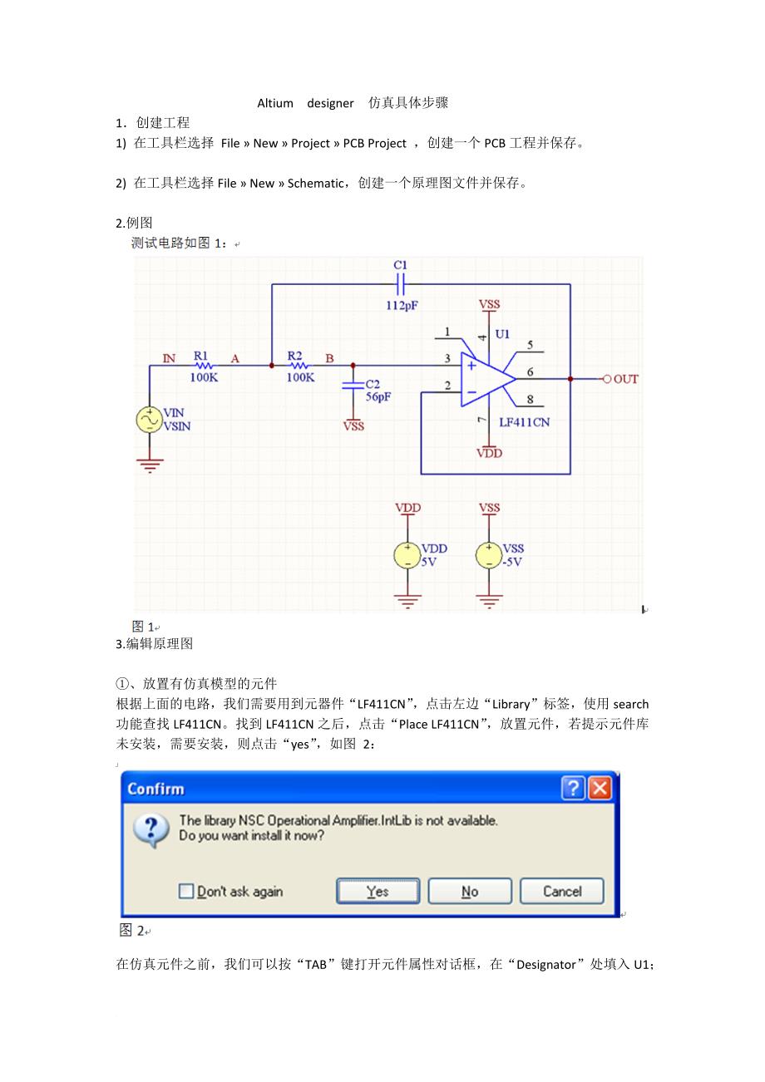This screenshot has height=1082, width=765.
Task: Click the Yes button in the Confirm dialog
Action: (378, 892)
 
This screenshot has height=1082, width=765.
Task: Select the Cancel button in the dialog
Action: (562, 892)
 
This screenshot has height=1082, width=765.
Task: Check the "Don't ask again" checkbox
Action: (186, 892)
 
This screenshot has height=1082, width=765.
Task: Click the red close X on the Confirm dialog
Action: (601, 789)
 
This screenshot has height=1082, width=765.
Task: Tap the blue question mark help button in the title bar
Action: (574, 789)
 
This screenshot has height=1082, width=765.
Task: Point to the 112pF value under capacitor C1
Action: (402, 305)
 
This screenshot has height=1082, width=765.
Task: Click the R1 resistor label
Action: (201, 355)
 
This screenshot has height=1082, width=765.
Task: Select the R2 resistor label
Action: (295, 355)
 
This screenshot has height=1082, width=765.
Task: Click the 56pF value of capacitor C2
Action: (378, 397)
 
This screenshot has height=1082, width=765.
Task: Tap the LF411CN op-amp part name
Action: (524, 422)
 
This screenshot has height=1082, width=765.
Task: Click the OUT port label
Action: (625, 379)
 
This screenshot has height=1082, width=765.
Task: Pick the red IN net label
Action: (169, 358)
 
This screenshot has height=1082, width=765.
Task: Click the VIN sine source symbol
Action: (150, 420)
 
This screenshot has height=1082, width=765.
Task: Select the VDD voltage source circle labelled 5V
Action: (407, 555)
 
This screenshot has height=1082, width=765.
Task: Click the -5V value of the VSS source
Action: (512, 562)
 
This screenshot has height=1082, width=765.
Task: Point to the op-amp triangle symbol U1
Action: (486, 378)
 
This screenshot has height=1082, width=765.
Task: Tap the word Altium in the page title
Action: (275, 104)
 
